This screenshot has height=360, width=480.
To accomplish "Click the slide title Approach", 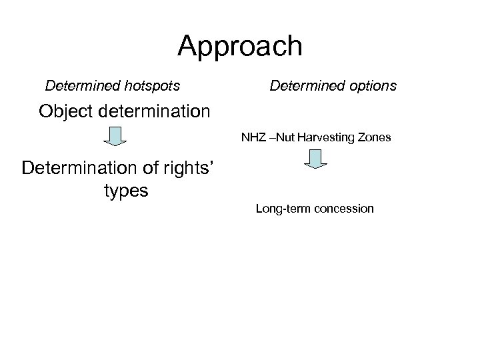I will pyautogui.click(x=240, y=47).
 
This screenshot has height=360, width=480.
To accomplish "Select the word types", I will pyautogui.click(x=126, y=191).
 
